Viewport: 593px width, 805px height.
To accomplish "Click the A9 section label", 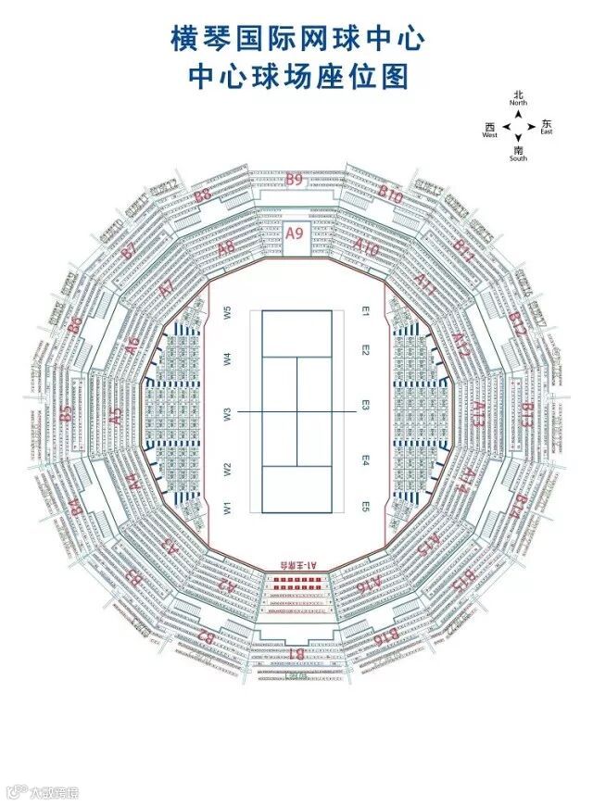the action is (295, 233).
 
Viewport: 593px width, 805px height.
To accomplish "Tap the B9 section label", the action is (294, 180).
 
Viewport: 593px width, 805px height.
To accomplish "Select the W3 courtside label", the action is (226, 412).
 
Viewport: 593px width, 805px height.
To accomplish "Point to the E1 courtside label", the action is (366, 312).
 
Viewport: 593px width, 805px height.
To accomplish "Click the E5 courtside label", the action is (366, 507).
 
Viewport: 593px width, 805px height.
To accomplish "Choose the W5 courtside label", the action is (226, 312).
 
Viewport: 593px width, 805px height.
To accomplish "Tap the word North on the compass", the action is (518, 105).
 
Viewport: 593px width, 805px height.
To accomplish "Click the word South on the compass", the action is (518, 158).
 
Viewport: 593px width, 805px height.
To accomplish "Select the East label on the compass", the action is (547, 132).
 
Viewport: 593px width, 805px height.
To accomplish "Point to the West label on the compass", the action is (489, 135).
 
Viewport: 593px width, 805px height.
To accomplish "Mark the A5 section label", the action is (115, 417).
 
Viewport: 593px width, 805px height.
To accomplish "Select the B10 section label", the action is (391, 195).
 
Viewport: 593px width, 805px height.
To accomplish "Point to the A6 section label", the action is (132, 345).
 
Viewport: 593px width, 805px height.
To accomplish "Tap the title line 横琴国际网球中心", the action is (297, 40).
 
